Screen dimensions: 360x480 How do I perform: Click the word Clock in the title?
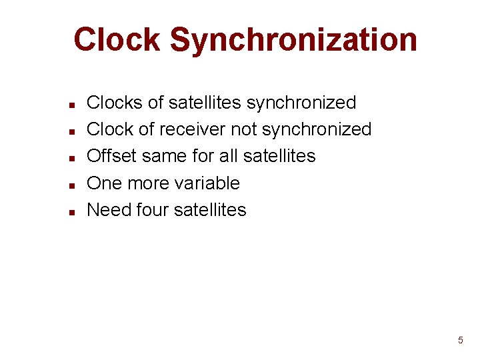pyautogui.click(x=117, y=39)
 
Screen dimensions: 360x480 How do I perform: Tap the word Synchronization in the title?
pyautogui.click(x=293, y=39)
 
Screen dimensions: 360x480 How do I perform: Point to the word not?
pyautogui.click(x=243, y=129)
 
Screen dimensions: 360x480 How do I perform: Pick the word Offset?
pyautogui.click(x=112, y=156)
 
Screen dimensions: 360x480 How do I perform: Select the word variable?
pyautogui.click(x=206, y=183)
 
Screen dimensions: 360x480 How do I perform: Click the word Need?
pyautogui.click(x=109, y=209)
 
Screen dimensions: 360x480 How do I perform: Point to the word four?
pyautogui.click(x=152, y=209)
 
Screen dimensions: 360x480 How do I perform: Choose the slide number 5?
pyautogui.click(x=460, y=341)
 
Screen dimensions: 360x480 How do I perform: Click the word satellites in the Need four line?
pyautogui.click(x=209, y=209)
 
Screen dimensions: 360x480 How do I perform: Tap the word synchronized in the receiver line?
pyautogui.click(x=316, y=129)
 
